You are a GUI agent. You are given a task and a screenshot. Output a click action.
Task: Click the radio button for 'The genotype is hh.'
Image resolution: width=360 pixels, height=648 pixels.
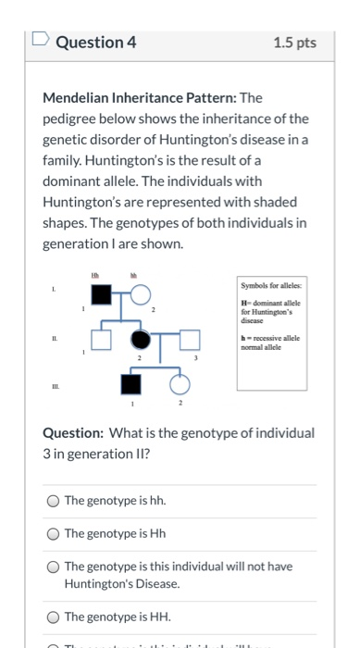[55, 501]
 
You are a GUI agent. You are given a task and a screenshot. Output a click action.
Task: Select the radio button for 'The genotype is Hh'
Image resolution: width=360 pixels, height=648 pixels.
[55, 533]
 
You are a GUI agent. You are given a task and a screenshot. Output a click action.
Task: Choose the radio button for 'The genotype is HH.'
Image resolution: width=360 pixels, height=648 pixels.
[55, 616]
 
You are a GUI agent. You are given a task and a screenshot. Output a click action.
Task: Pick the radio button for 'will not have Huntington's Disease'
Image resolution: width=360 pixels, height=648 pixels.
[55, 567]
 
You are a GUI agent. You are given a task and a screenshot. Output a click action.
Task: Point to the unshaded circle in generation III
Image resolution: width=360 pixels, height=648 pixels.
[180, 385]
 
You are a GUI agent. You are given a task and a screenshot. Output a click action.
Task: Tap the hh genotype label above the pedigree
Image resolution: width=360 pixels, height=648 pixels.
[133, 275]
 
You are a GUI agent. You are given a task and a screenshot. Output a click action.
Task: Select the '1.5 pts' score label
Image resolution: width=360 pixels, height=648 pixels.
[295, 43]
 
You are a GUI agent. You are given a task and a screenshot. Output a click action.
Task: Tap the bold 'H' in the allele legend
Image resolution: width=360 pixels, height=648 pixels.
[243, 302]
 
